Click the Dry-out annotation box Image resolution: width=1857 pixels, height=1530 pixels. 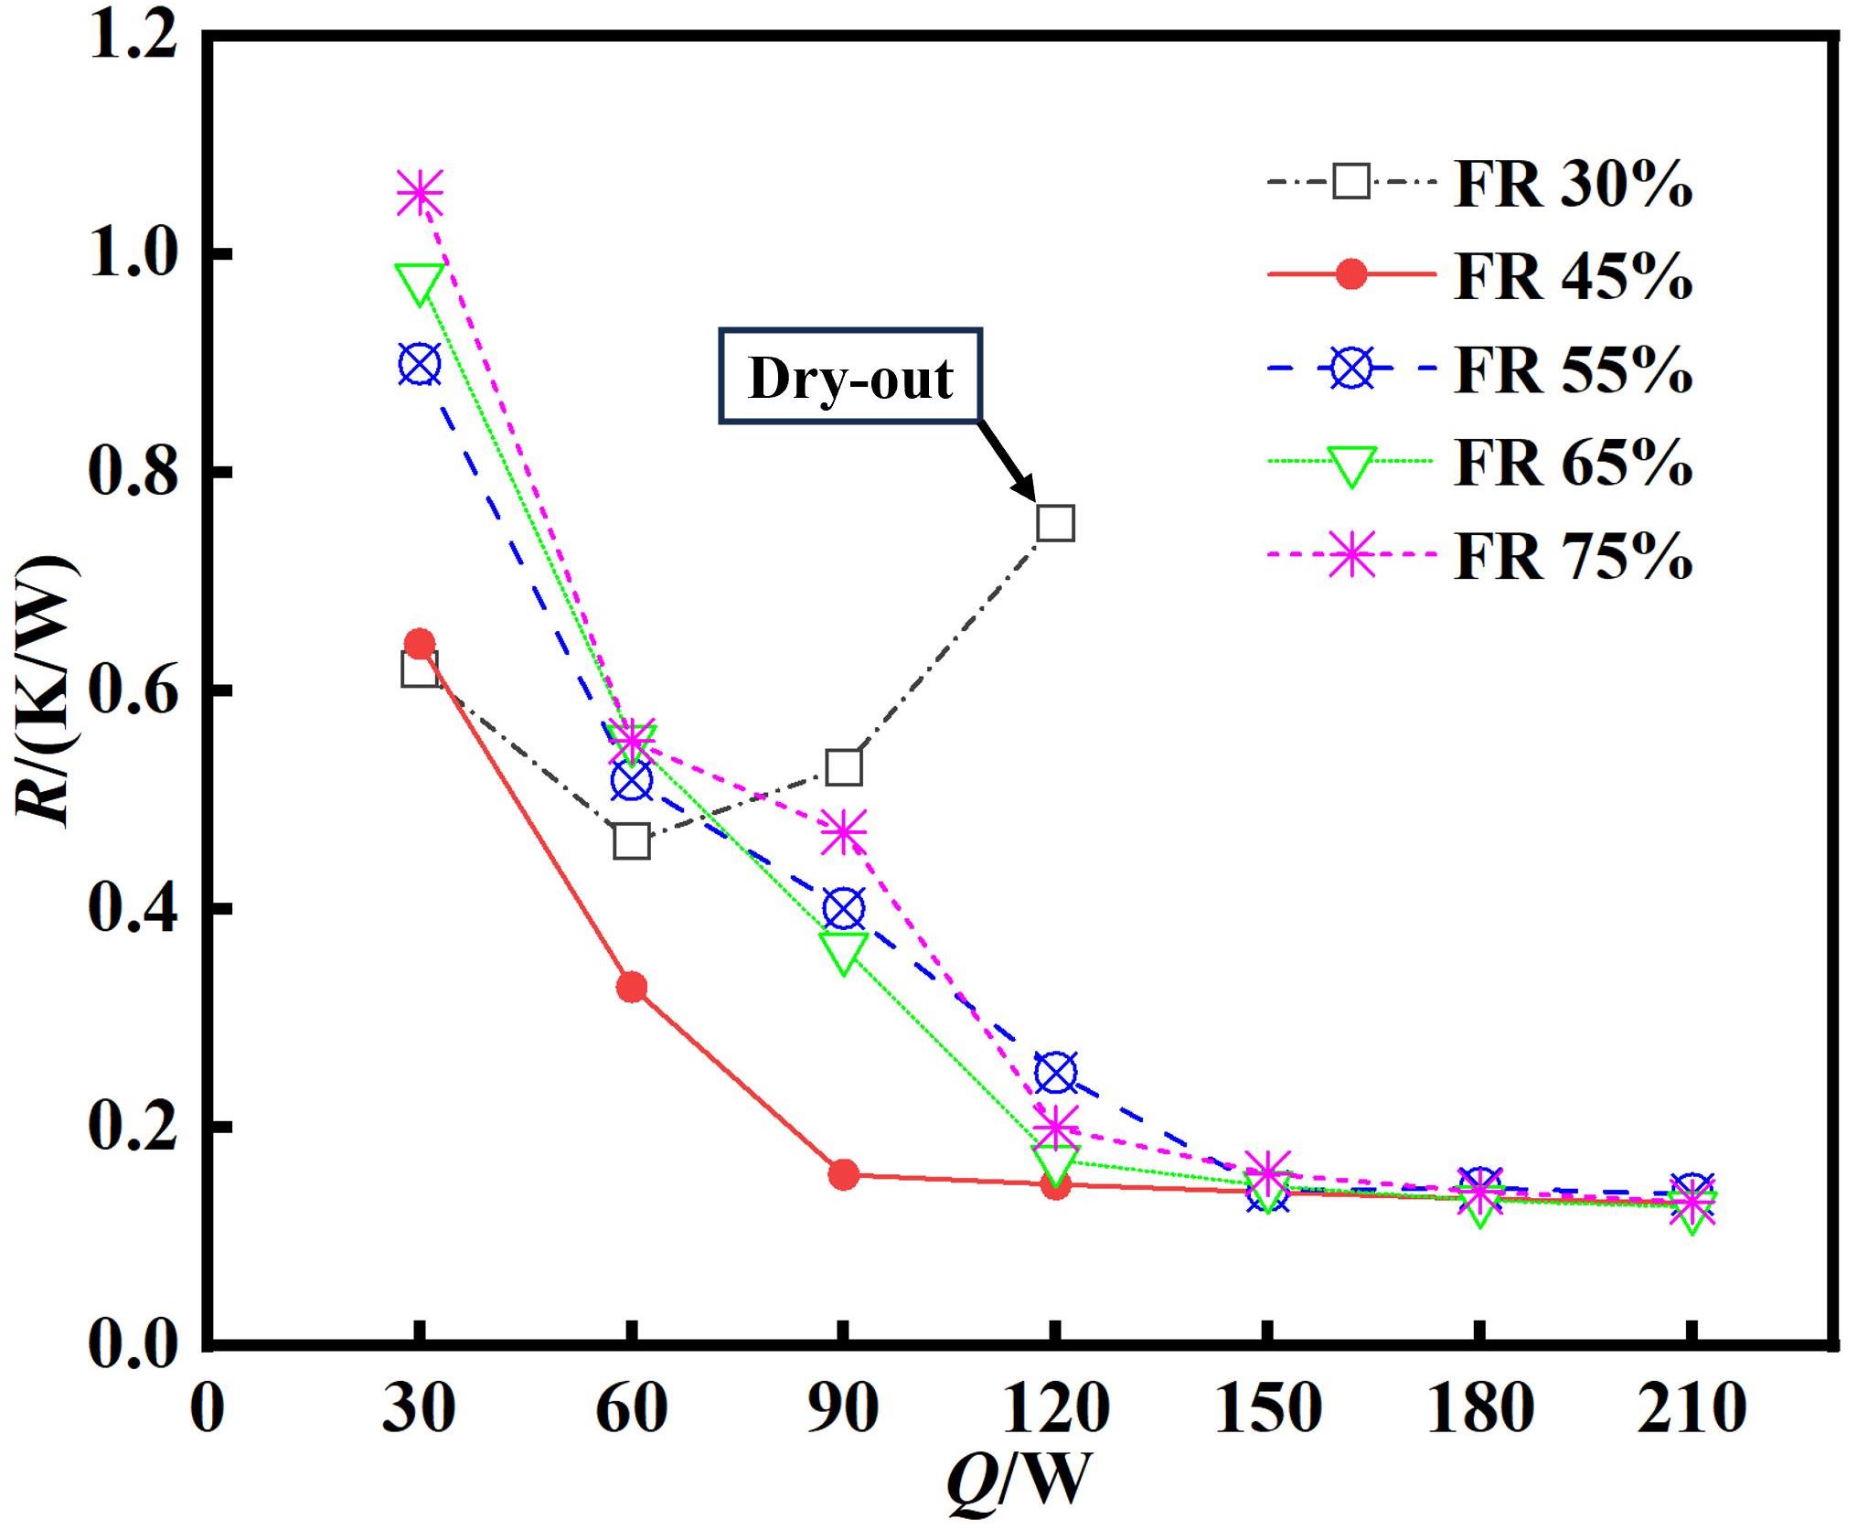(850, 376)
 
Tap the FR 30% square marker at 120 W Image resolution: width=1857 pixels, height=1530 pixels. (1055, 523)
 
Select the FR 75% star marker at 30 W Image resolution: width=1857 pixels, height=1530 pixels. (420, 193)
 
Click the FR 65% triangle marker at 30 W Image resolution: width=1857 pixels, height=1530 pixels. (420, 283)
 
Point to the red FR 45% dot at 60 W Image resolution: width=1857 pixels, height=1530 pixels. (632, 987)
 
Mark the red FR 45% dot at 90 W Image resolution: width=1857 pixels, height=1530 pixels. (843, 1173)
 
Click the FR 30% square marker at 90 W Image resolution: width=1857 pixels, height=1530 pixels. (843, 767)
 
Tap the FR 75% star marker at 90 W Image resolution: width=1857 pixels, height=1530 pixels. (843, 832)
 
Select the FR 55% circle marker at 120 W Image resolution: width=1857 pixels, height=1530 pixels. (1055, 1073)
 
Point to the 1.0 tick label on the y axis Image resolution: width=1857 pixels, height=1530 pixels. (133, 253)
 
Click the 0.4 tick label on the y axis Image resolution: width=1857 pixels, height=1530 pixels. (133, 909)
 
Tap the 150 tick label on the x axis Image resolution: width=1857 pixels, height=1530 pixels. (1267, 1407)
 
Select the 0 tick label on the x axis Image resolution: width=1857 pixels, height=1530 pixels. (208, 1407)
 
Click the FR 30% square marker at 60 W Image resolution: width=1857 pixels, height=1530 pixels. (632, 840)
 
